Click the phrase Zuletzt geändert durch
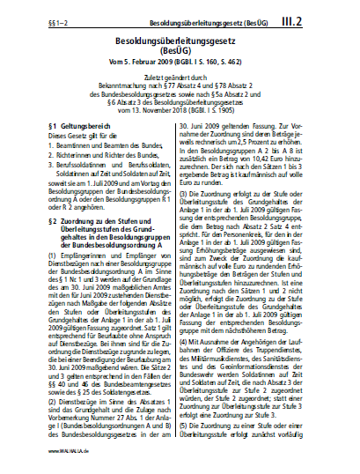(180, 81)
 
